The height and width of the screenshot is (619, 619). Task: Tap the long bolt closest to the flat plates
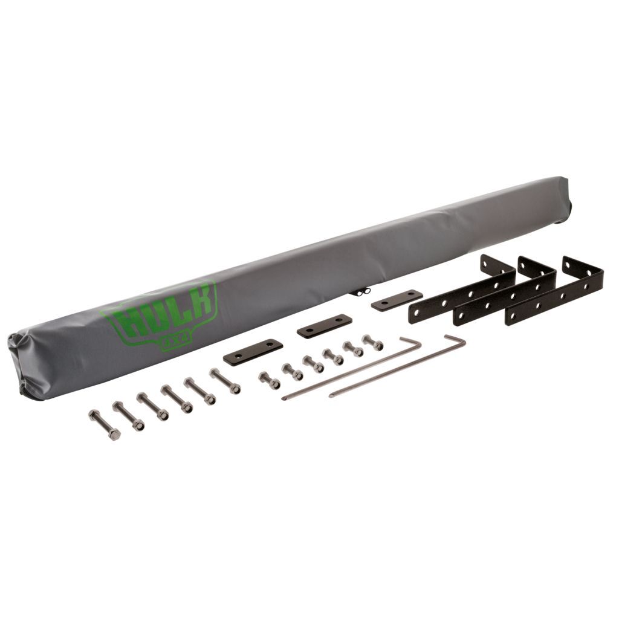coord(225,381)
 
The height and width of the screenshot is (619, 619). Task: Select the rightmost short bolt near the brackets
coord(372,342)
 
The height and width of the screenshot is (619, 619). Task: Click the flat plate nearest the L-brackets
coord(397,300)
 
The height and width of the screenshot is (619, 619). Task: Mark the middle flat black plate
coord(324,326)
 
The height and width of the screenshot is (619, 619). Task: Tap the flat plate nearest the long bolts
coord(253,352)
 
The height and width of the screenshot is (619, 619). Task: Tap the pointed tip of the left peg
coord(284,398)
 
